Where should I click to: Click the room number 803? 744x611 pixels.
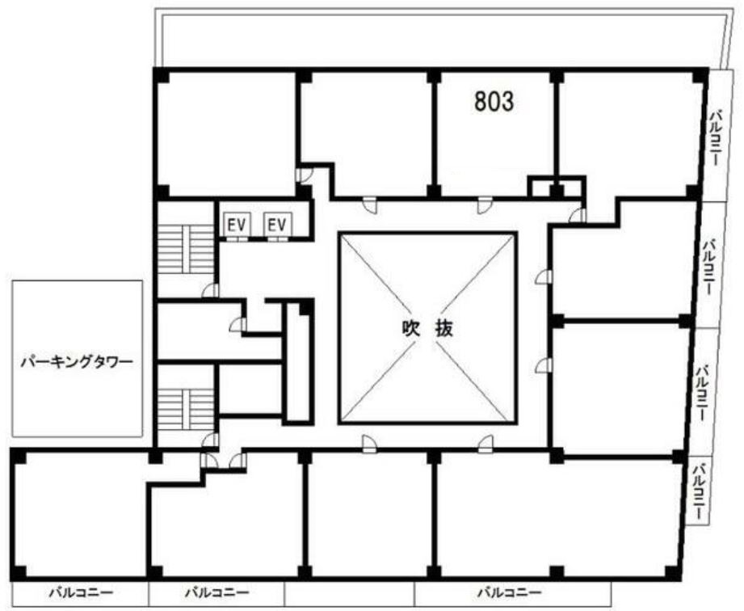(x=494, y=102)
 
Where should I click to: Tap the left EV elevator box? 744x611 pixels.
(x=237, y=225)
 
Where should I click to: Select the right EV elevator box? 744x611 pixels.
(x=277, y=225)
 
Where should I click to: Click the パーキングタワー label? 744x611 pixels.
(x=77, y=363)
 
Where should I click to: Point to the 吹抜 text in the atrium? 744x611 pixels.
(x=427, y=328)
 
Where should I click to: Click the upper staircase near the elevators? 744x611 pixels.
(x=186, y=249)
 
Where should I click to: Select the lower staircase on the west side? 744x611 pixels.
(x=186, y=409)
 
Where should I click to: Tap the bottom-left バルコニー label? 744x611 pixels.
(x=81, y=592)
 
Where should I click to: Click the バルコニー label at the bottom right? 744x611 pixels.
(x=510, y=592)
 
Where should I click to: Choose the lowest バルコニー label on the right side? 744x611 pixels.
(x=699, y=491)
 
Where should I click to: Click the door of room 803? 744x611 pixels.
(x=483, y=204)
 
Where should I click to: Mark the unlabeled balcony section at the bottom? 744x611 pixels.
(x=350, y=594)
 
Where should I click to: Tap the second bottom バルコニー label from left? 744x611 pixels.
(x=216, y=592)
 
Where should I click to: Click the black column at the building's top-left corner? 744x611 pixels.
(x=161, y=75)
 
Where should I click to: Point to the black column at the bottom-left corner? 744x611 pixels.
(x=18, y=574)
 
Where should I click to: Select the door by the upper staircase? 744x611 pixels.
(x=211, y=290)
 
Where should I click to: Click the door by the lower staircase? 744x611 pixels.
(x=210, y=440)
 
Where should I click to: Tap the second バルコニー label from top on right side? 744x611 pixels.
(x=710, y=268)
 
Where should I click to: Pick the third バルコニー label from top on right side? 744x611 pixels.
(x=703, y=392)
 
